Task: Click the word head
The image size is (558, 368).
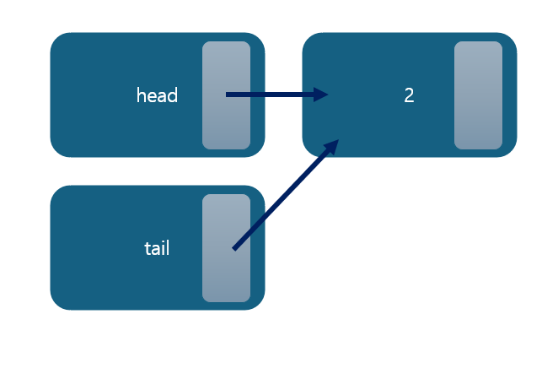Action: pyautogui.click(x=157, y=95)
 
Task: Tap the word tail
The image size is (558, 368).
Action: pyautogui.click(x=157, y=248)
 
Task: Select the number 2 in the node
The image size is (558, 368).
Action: pyautogui.click(x=409, y=95)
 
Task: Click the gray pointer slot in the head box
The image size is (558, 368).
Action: pyautogui.click(x=226, y=127)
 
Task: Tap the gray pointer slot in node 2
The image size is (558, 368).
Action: pyautogui.click(x=478, y=95)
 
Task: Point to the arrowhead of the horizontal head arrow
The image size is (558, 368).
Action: pyautogui.click(x=320, y=95)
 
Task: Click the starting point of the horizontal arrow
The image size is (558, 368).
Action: pyautogui.click(x=228, y=95)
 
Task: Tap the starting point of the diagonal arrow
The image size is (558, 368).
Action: pyautogui.click(x=234, y=248)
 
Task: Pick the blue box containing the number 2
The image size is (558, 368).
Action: pyautogui.click(x=362, y=127)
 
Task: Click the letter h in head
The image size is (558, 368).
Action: pyautogui.click(x=141, y=95)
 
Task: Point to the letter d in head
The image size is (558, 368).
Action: pyautogui.click(x=173, y=95)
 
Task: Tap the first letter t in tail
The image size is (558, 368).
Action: pyautogui.click(x=148, y=248)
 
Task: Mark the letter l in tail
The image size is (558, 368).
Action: pyautogui.click(x=168, y=248)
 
